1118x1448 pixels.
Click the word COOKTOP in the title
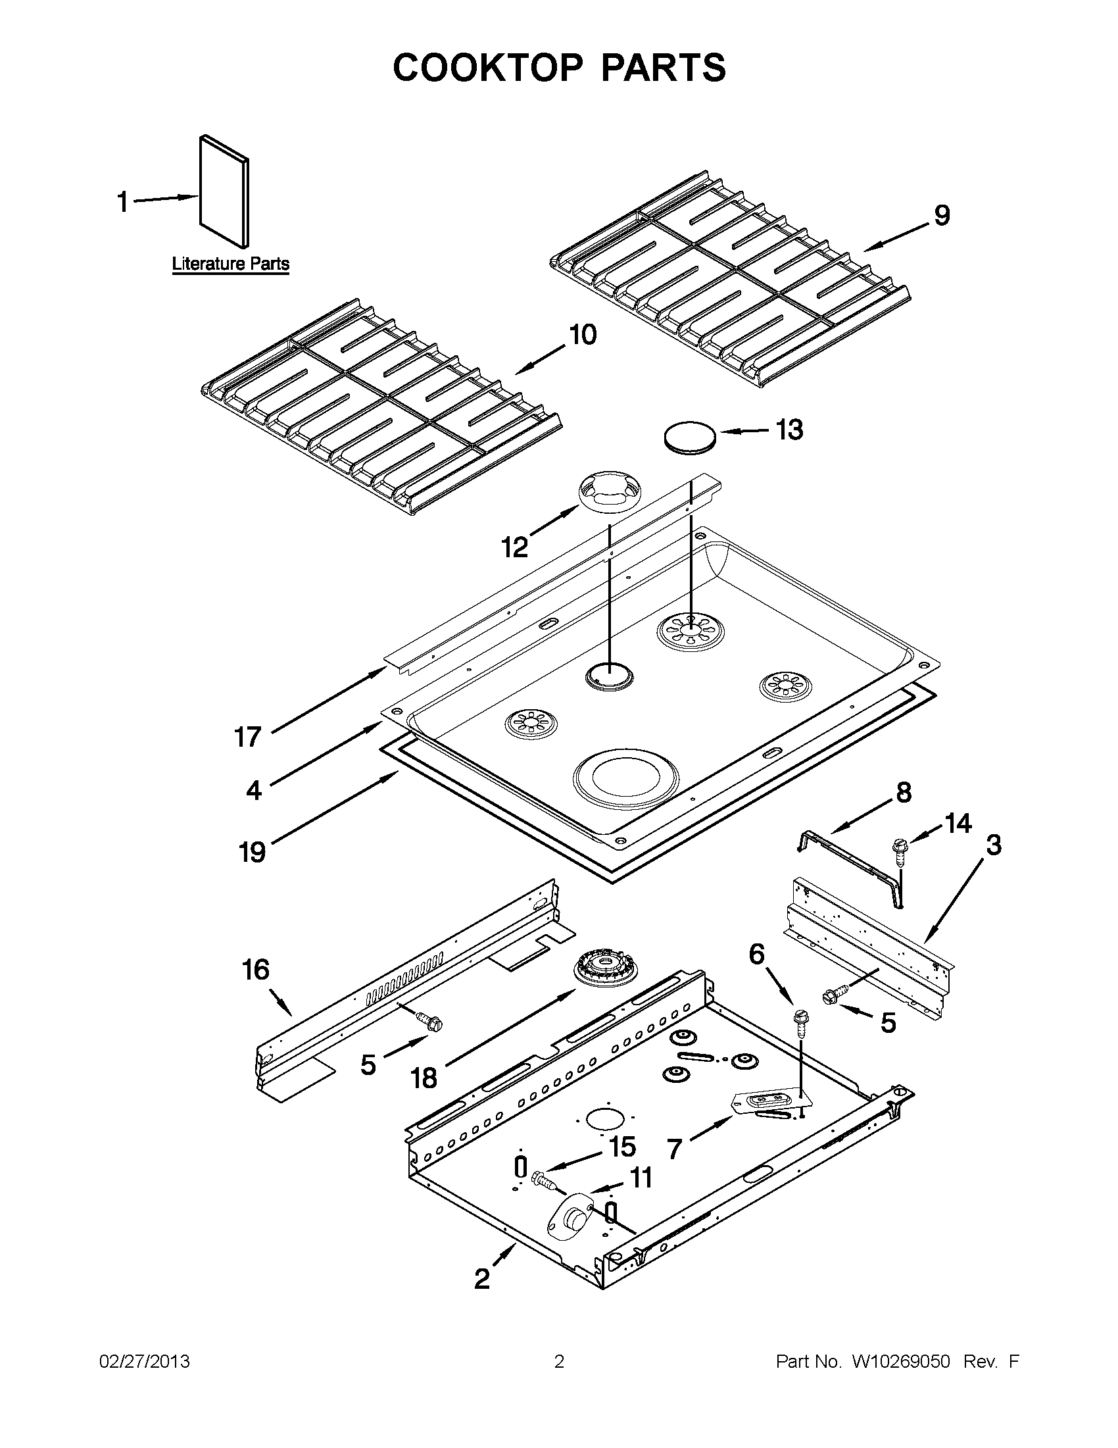coord(487,68)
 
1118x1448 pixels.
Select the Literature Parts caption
coord(231,264)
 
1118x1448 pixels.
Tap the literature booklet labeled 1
coord(225,190)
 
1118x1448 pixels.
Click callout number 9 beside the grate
coord(942,216)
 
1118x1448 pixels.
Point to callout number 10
coord(582,335)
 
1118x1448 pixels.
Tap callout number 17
coord(248,737)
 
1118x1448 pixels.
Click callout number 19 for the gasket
coord(253,852)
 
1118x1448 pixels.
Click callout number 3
coord(994,845)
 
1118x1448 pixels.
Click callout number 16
coord(256,970)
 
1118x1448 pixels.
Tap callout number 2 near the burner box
coord(482,1278)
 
